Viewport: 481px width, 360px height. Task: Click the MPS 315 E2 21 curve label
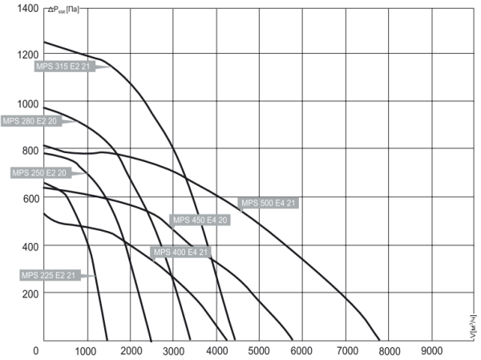click(x=64, y=67)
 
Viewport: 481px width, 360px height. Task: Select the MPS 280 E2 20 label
click(x=30, y=121)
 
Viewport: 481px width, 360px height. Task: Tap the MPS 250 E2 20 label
click(x=39, y=172)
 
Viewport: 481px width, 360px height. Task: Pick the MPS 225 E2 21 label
click(x=48, y=275)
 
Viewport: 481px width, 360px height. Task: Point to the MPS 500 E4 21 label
click(x=269, y=203)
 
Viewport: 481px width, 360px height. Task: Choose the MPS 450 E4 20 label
click(x=200, y=220)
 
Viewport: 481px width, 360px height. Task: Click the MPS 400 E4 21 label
click(x=181, y=253)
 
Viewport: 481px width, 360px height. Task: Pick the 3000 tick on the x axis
click(x=174, y=350)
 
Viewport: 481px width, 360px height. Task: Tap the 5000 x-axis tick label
click(x=259, y=350)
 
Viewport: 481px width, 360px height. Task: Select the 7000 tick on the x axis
click(x=346, y=350)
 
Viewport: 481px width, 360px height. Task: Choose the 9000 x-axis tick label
click(x=431, y=350)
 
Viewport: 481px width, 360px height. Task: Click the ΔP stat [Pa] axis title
click(x=62, y=10)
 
